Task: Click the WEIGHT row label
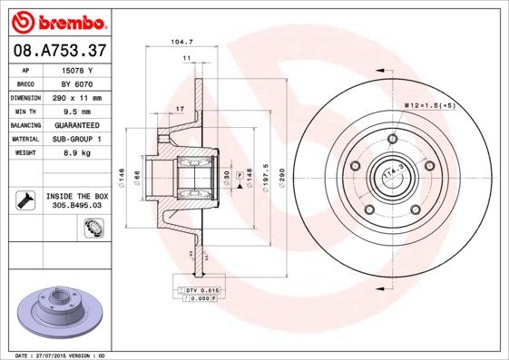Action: [24, 152]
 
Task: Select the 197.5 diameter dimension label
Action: [265, 171]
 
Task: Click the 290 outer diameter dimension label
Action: [282, 171]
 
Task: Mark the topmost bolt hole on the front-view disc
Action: [392, 139]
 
